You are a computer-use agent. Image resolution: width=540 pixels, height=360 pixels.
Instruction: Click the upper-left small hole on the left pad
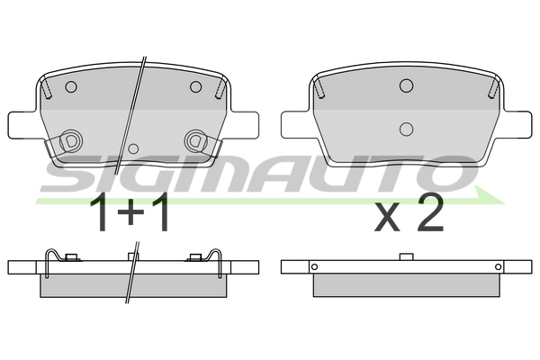[x=71, y=86]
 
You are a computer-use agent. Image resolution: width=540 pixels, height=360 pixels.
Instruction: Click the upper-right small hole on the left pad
[x=195, y=86]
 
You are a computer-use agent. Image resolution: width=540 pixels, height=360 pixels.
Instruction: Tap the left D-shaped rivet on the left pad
[x=71, y=141]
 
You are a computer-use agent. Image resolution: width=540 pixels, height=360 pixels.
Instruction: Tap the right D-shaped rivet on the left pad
[x=195, y=141]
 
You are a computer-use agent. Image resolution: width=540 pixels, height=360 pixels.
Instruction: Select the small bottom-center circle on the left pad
[x=133, y=148]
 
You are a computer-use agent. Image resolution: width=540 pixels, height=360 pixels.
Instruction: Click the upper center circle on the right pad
[x=407, y=85]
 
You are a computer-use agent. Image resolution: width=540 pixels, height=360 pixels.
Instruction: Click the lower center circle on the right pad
[x=407, y=129]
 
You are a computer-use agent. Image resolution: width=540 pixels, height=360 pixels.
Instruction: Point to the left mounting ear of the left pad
[x=22, y=125]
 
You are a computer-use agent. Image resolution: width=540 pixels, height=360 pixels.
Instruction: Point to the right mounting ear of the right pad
[x=518, y=125]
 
